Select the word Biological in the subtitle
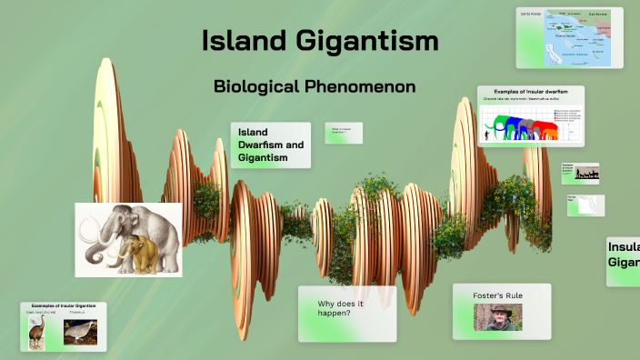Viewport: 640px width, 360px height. point(255,87)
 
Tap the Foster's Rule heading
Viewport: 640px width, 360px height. point(497,295)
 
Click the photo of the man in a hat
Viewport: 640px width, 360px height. point(497,316)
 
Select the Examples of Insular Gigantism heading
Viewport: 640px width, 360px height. point(63,306)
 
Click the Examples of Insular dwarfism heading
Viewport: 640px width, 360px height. point(530,92)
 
